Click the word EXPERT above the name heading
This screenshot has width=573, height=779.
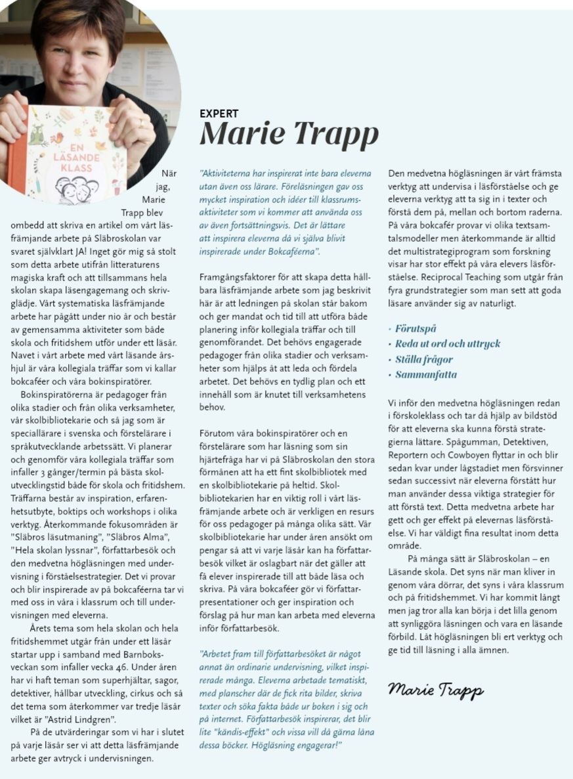click(219, 114)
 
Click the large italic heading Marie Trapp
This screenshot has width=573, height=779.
click(289, 134)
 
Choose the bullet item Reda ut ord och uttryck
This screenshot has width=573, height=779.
click(448, 344)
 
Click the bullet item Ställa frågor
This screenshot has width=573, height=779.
click(424, 359)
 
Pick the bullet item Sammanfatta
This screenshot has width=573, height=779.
click(426, 375)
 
